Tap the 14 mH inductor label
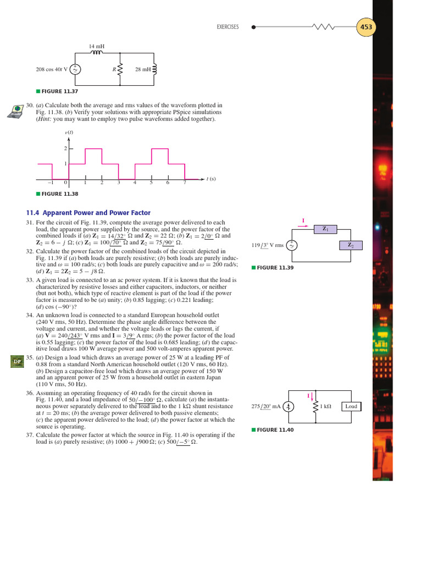coord(96,46)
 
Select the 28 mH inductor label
coord(143,70)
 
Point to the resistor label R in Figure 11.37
coord(114,70)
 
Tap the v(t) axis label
coord(69,133)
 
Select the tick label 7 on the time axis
coord(185,183)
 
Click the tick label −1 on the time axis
coord(50,183)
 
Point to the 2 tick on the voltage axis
coord(65,149)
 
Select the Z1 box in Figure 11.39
coord(325,228)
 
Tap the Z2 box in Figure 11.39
coord(350,245)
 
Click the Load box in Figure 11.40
coord(351,406)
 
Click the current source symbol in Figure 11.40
coord(291,407)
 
